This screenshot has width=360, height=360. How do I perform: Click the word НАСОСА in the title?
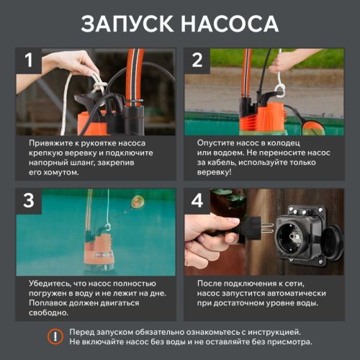(x=230, y=24)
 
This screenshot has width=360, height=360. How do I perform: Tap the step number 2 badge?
(x=197, y=60)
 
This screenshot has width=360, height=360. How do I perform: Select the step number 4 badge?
(x=197, y=202)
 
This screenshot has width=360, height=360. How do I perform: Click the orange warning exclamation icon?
(x=54, y=336)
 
